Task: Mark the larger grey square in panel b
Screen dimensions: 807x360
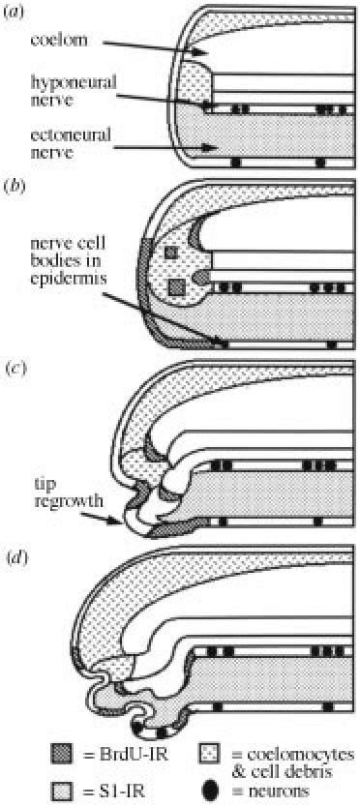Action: (176, 287)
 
